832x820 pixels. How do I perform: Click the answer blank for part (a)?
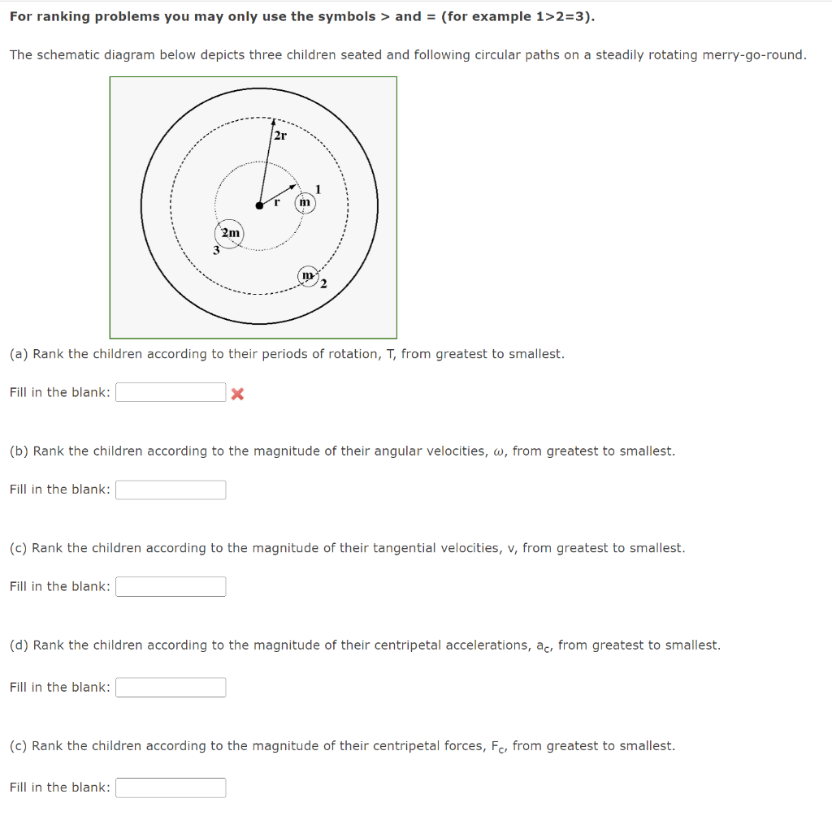(x=171, y=393)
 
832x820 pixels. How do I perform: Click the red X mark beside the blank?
(x=237, y=394)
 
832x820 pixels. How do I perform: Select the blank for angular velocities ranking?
(x=171, y=490)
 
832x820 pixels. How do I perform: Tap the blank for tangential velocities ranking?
(x=171, y=586)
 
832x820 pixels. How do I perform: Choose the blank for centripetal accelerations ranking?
(x=171, y=688)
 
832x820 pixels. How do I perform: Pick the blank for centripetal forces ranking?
(x=171, y=788)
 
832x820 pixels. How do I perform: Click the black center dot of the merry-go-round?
(x=259, y=205)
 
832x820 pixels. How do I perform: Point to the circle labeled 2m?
(x=231, y=234)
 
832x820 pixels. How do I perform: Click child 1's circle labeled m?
(x=305, y=201)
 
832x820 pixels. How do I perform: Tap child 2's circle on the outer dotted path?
(x=309, y=276)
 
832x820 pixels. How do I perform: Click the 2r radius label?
(x=279, y=136)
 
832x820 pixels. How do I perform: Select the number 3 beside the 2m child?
(x=216, y=251)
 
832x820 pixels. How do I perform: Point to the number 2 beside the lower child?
(x=323, y=283)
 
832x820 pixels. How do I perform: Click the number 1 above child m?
(x=318, y=189)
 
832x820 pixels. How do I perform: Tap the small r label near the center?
(x=277, y=201)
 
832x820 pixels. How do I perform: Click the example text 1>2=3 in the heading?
(x=561, y=16)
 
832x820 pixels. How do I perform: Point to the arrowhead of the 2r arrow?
(x=274, y=123)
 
